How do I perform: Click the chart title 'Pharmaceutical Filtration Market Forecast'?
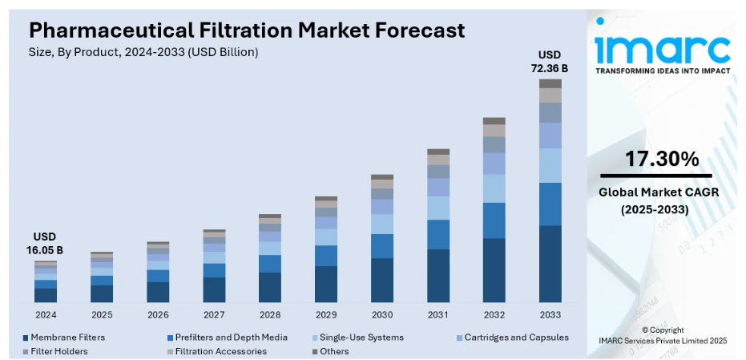[246, 30]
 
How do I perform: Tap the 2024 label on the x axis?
[46, 314]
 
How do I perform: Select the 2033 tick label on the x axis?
[550, 314]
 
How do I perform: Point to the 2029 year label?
[326, 314]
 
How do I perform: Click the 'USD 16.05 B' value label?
[46, 244]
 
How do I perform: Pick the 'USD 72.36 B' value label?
[550, 61]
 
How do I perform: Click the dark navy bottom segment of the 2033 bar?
[550, 264]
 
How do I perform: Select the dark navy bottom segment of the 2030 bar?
[382, 280]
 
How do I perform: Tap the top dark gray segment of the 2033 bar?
[550, 83]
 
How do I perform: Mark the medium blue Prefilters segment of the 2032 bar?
[494, 220]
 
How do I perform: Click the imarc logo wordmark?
[662, 50]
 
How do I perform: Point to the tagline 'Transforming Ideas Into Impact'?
[662, 71]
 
